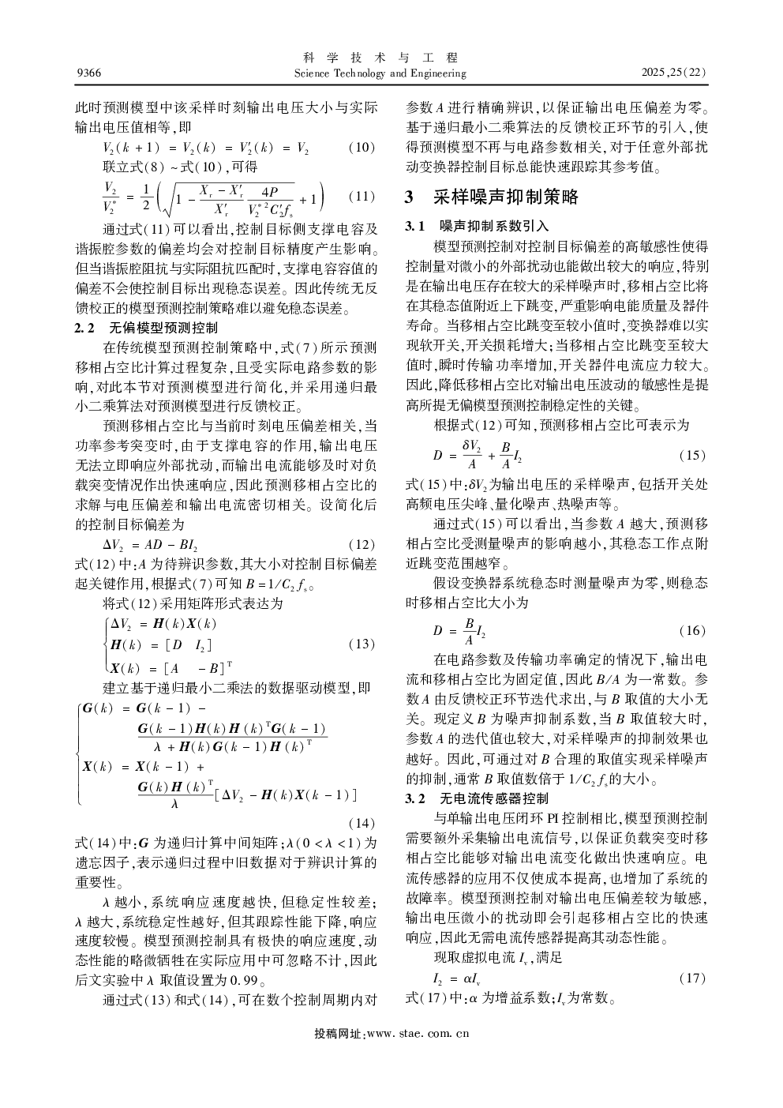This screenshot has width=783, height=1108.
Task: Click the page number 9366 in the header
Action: pyautogui.click(x=88, y=73)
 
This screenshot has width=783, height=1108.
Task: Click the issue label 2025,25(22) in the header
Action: pyautogui.click(x=674, y=73)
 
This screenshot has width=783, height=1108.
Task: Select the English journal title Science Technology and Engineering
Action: pyautogui.click(x=380, y=73)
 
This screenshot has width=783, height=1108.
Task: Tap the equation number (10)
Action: pyautogui.click(x=362, y=148)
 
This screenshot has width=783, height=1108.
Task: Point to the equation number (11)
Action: pyautogui.click(x=362, y=197)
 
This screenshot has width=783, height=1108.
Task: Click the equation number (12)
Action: pyautogui.click(x=362, y=545)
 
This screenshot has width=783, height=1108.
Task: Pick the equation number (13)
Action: pyautogui.click(x=362, y=644)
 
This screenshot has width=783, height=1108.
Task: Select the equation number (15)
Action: pyautogui.click(x=692, y=456)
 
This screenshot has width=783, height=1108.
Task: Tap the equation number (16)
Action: pyautogui.click(x=692, y=630)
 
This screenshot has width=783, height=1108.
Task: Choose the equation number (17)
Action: pyautogui.click(x=692, y=978)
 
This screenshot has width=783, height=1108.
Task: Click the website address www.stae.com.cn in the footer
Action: pyautogui.click(x=418, y=1033)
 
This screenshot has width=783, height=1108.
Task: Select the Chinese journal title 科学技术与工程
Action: pyautogui.click(x=380, y=58)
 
